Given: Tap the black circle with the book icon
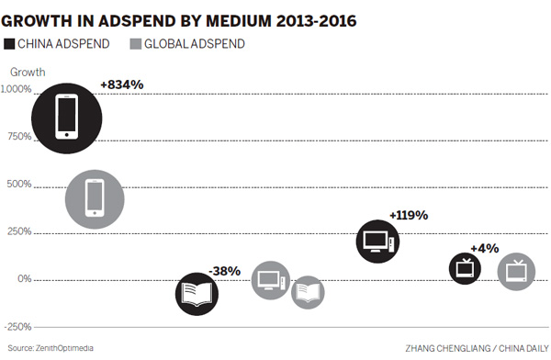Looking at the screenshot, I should [x=198, y=294].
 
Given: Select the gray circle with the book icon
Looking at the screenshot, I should [x=309, y=293].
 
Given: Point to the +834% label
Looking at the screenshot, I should [x=122, y=84].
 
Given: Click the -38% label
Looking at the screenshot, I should [x=224, y=271].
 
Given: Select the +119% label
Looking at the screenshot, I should [x=409, y=215].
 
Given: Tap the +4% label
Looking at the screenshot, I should [x=484, y=248].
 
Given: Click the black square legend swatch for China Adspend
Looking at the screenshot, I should [x=10, y=43].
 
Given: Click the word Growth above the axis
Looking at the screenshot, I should [x=28, y=72].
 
